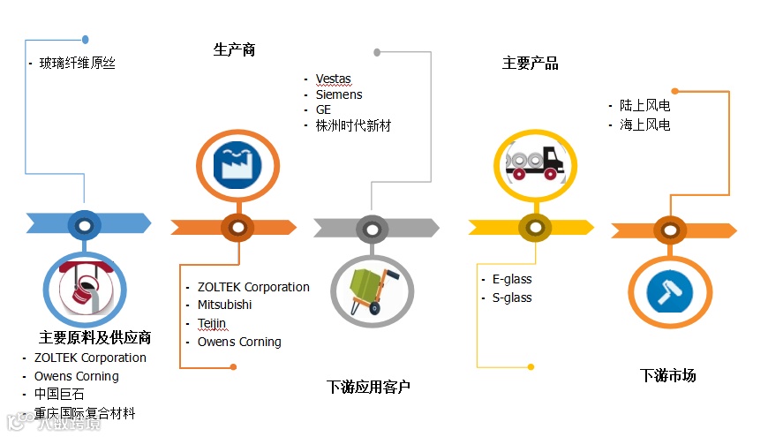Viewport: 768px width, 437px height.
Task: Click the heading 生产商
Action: (x=234, y=49)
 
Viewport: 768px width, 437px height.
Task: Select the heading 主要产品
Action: (x=530, y=63)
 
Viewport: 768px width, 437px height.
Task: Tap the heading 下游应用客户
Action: (x=368, y=387)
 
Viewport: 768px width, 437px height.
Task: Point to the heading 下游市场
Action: (x=667, y=375)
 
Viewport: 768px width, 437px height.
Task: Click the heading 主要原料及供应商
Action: (x=95, y=337)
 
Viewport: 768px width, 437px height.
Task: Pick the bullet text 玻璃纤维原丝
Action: (x=77, y=63)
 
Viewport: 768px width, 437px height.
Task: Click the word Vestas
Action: (x=334, y=79)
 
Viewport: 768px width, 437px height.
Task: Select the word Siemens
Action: (x=339, y=94)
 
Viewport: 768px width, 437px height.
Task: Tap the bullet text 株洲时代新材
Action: (x=353, y=125)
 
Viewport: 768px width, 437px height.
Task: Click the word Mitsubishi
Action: (x=224, y=305)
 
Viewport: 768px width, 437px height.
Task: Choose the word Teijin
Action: (x=212, y=323)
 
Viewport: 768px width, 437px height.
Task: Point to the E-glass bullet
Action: (x=512, y=279)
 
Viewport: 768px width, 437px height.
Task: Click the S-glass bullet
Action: (x=512, y=298)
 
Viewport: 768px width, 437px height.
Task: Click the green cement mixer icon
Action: (x=372, y=290)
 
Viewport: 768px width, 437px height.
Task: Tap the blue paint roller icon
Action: (x=671, y=291)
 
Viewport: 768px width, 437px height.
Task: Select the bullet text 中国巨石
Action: (x=59, y=395)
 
